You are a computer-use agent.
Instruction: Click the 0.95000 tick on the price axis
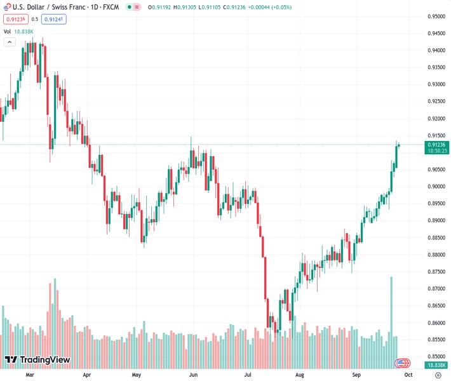coord(436,17)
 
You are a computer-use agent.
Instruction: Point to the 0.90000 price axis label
coord(436,187)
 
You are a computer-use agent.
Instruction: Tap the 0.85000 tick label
coord(436,357)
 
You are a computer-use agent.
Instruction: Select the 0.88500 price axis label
coord(436,237)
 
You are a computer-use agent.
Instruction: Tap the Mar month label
coord(29,375)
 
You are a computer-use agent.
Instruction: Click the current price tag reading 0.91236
coord(436,145)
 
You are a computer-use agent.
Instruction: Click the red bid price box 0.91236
coord(13,19)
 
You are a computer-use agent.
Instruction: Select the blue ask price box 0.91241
coord(55,19)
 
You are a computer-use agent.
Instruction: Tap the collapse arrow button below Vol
coord(10,42)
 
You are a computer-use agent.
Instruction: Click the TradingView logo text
coord(44,360)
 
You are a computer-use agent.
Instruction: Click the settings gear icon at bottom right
coord(438,375)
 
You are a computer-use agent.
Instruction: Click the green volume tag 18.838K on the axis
coord(436,365)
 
